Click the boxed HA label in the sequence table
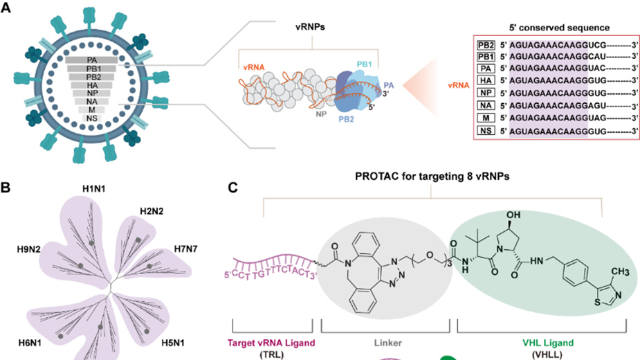(485, 81)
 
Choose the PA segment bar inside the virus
(92, 61)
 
